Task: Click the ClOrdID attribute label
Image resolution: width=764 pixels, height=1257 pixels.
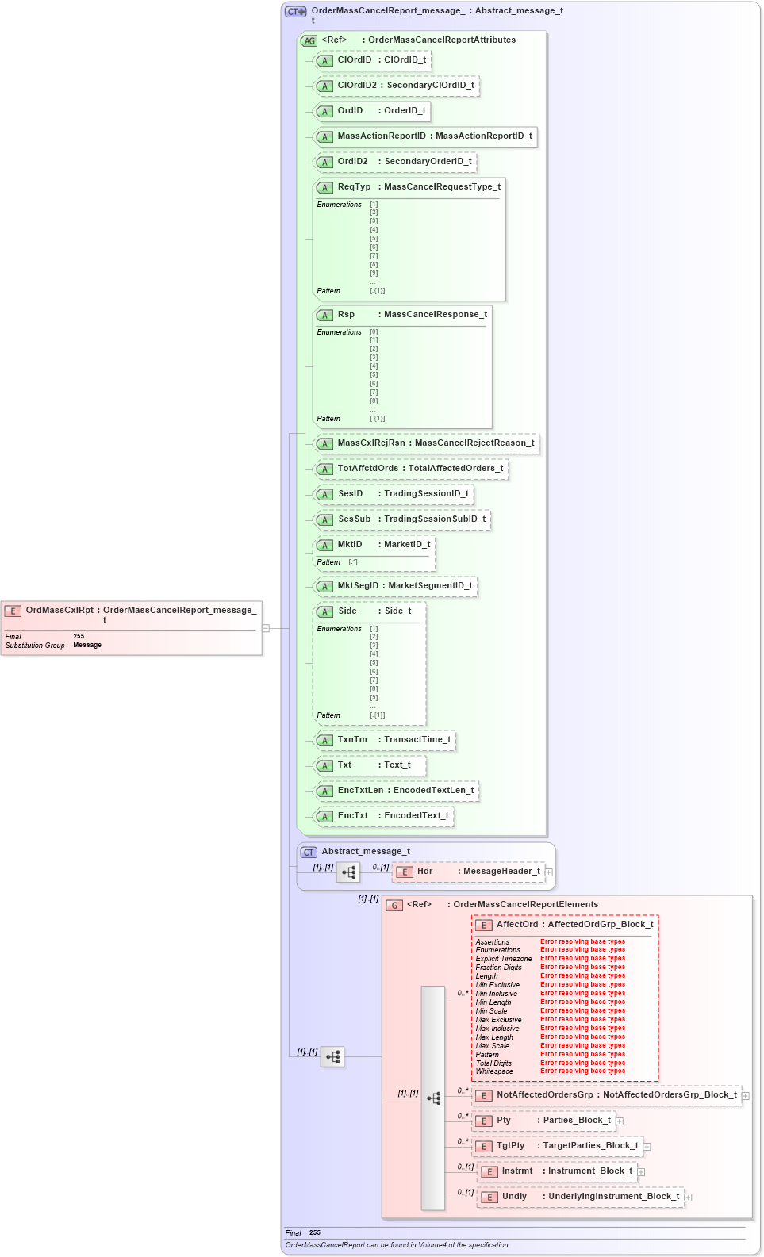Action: pos(354,60)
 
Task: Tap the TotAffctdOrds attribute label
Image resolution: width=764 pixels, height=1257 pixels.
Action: pos(368,469)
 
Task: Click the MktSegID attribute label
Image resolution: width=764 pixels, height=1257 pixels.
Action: pos(358,586)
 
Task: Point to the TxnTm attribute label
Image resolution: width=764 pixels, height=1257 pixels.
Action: pos(352,740)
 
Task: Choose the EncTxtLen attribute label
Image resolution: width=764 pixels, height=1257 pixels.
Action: pos(360,791)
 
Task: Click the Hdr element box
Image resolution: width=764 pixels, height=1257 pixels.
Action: pos(468,872)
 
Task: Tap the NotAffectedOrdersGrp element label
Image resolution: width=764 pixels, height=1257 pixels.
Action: pos(545,1095)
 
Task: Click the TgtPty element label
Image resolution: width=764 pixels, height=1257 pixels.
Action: pos(511,1146)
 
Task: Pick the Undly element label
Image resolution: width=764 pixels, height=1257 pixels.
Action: pos(514,1197)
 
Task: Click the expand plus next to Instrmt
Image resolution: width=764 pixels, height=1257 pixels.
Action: pos(641,1172)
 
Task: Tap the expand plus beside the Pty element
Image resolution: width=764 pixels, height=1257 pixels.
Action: pos(620,1121)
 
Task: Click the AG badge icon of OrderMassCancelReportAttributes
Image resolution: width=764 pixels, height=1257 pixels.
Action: pos(309,41)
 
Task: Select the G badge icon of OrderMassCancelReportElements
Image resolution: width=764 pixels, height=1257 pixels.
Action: pos(394,906)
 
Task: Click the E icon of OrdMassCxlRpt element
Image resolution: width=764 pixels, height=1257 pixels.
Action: pos(13,611)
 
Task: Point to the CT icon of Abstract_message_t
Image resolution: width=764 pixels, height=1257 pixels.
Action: pos(309,853)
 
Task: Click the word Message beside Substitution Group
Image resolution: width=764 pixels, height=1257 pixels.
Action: pos(87,646)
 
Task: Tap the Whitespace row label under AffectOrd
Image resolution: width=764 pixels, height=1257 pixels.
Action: pos(494,1071)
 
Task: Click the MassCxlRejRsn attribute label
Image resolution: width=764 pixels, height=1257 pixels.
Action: pos(371,443)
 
